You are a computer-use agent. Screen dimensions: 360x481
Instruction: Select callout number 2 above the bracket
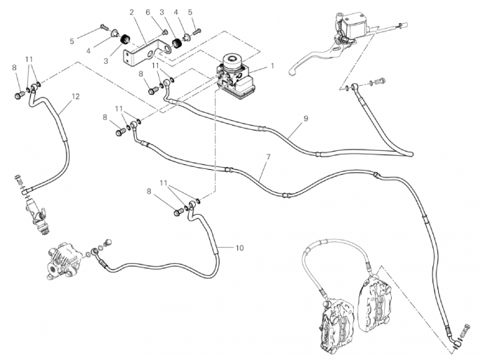point(131,12)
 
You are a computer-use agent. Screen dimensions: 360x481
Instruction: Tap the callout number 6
point(148,12)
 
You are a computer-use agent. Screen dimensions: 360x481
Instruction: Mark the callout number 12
point(74,95)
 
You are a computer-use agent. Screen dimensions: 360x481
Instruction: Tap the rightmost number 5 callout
point(190,12)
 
